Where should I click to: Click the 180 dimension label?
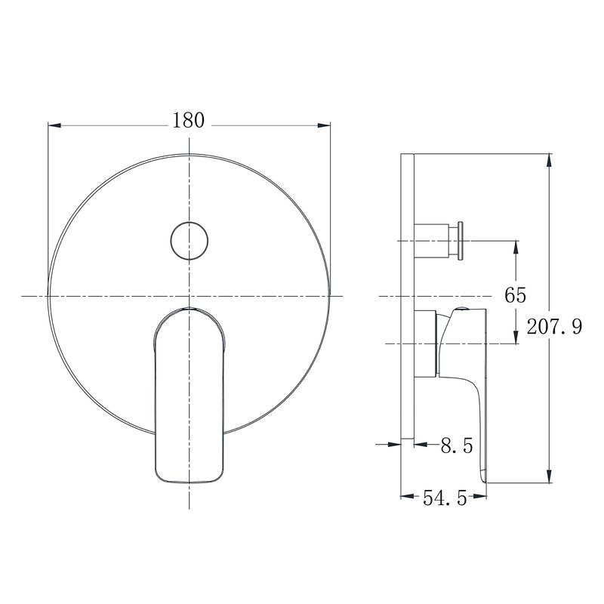point(188,121)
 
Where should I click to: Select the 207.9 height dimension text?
point(554,327)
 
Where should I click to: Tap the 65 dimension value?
point(516,295)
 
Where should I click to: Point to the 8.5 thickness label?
point(457,445)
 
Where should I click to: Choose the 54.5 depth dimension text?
point(445,498)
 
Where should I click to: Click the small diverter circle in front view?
point(190,241)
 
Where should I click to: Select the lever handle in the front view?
point(189,395)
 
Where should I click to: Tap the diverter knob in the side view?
point(439,241)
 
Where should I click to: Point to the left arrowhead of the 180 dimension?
point(54,125)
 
